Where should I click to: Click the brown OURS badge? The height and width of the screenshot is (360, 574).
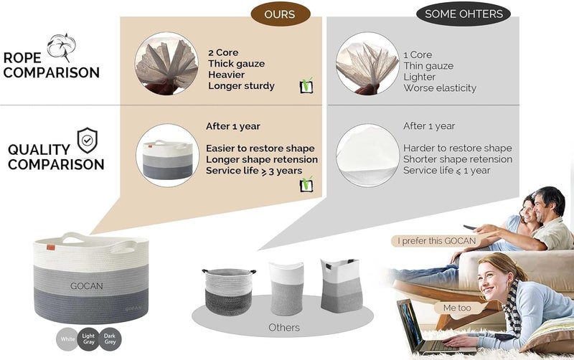click(280, 14)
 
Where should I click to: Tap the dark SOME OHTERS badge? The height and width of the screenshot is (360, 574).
click(464, 14)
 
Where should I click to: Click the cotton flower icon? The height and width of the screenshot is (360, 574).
click(62, 46)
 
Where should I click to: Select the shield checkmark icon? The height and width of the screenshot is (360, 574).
click(87, 140)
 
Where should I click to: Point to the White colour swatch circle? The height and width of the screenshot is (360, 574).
click(67, 339)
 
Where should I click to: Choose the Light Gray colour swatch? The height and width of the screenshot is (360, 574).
click(88, 339)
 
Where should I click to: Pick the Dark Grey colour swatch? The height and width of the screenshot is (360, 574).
click(110, 339)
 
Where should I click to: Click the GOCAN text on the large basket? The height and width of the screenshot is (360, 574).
click(86, 285)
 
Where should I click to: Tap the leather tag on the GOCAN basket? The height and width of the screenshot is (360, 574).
click(50, 247)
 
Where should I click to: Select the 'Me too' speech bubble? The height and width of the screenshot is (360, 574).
click(457, 308)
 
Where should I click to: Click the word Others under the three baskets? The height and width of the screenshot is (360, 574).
click(284, 328)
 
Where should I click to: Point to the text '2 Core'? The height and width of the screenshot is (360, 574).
click(223, 52)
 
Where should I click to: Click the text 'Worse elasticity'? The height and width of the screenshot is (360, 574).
click(440, 88)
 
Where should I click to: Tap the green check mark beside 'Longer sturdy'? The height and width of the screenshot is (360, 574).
click(306, 85)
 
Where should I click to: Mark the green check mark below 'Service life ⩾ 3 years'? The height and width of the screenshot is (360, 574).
click(306, 184)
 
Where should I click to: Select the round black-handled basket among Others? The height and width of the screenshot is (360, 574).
click(229, 292)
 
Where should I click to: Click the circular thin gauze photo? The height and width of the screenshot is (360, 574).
click(367, 64)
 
